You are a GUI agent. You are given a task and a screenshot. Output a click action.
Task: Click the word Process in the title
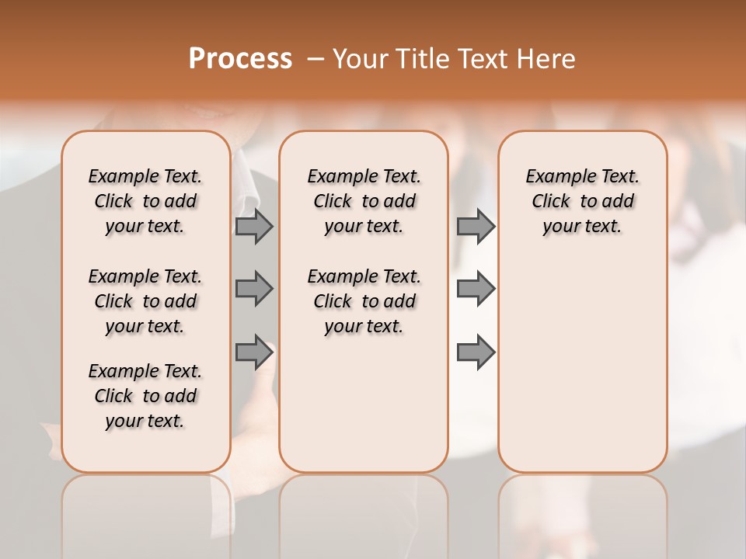click(x=240, y=59)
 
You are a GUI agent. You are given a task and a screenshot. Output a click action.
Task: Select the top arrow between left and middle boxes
click(x=254, y=226)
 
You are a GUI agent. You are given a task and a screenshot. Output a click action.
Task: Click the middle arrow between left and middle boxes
click(x=254, y=289)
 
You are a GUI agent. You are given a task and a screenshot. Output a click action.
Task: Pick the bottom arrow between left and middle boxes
click(x=254, y=351)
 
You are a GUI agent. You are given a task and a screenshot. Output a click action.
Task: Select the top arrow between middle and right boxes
click(x=476, y=226)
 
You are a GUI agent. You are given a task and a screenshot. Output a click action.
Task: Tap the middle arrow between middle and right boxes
click(x=476, y=289)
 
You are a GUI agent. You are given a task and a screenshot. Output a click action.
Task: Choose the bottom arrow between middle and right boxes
click(x=476, y=352)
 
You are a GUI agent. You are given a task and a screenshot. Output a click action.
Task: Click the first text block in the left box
click(x=145, y=201)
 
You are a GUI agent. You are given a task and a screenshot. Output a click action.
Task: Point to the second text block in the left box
click(x=145, y=301)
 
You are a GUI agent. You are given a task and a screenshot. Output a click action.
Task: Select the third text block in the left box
click(x=145, y=396)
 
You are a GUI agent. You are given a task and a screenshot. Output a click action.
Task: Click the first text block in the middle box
click(x=364, y=201)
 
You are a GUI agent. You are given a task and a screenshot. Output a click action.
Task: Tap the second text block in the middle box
click(x=364, y=301)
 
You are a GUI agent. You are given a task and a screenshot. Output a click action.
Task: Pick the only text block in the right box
click(x=582, y=201)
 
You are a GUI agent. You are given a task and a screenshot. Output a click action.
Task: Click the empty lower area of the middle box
click(x=364, y=404)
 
